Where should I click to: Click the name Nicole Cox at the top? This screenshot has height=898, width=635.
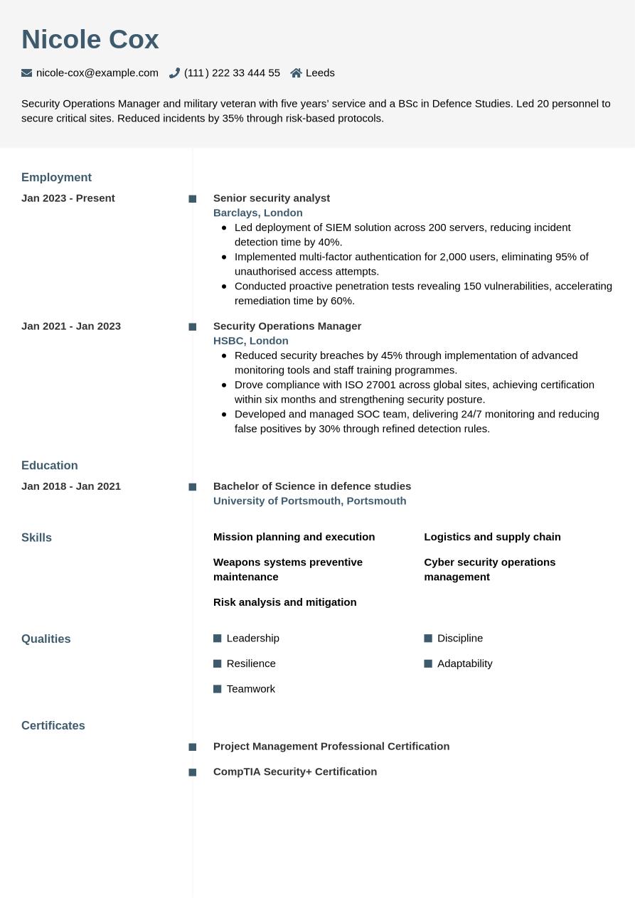(x=90, y=40)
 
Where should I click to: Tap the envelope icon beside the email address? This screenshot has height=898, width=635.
(x=27, y=73)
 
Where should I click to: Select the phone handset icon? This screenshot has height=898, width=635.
(x=174, y=73)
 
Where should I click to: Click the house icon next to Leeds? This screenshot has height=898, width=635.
(x=297, y=73)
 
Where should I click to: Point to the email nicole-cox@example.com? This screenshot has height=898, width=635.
(x=97, y=73)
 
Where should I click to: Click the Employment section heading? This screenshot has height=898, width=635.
(x=56, y=177)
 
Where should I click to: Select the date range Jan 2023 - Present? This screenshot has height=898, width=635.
(x=68, y=198)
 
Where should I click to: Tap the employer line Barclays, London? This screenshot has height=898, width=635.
(x=258, y=213)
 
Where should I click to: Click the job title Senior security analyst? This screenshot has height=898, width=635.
(x=272, y=198)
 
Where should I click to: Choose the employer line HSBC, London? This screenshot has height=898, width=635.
(x=251, y=341)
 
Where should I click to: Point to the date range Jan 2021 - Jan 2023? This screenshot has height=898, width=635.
(x=71, y=326)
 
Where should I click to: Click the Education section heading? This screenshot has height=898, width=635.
(x=50, y=465)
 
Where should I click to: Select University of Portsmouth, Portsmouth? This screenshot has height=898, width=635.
(x=310, y=501)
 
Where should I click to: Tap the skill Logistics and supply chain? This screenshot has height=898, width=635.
(x=492, y=537)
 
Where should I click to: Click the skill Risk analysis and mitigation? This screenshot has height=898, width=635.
(x=285, y=602)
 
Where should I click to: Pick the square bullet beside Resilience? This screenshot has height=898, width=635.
(x=218, y=663)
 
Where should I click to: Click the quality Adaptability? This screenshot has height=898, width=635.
(x=465, y=663)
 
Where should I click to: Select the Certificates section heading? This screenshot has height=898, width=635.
(x=53, y=725)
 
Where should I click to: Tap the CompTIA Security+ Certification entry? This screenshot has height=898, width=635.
(x=295, y=771)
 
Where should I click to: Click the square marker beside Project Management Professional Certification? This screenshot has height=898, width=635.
(x=193, y=747)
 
